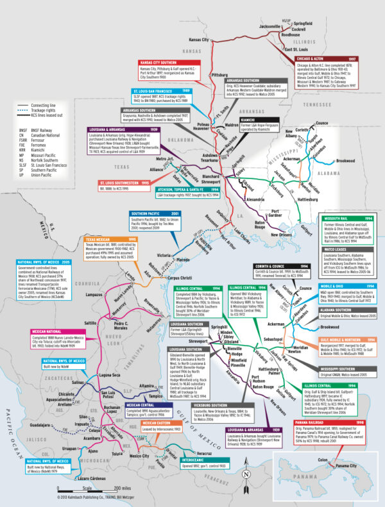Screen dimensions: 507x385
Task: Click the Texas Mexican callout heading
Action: click(103, 240)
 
